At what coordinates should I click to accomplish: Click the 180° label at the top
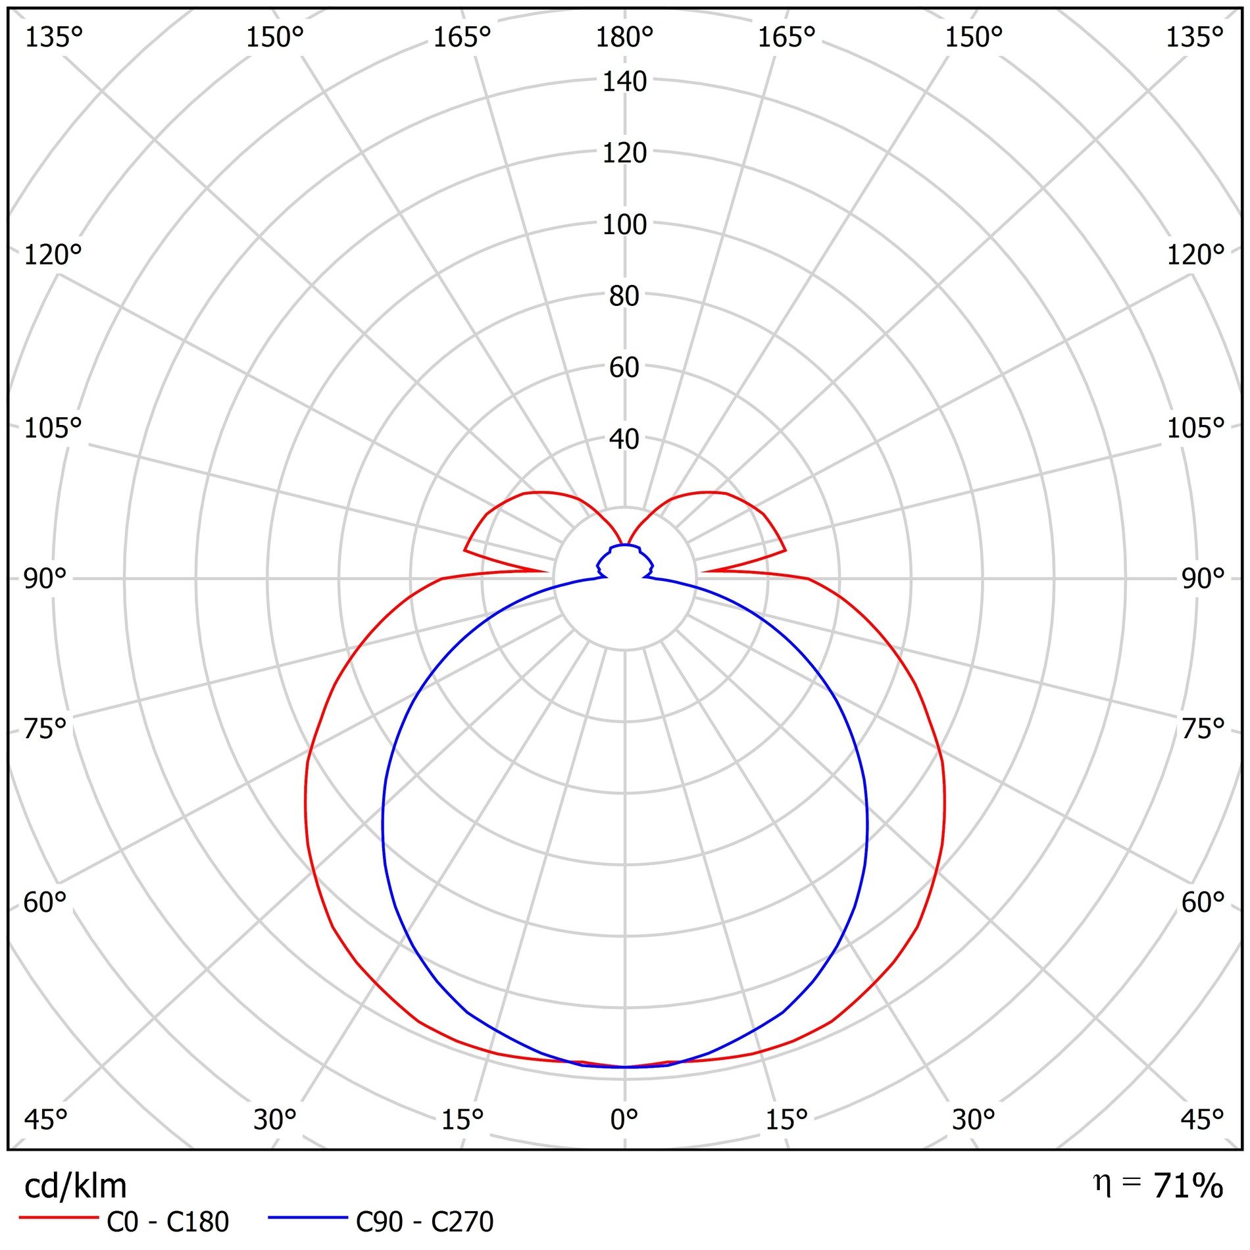point(624,37)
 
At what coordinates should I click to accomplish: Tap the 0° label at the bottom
point(624,1119)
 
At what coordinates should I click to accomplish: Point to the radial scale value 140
point(624,82)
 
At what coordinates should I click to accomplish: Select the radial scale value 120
point(624,153)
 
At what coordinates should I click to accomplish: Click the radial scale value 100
point(624,225)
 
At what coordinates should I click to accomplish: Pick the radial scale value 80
point(624,296)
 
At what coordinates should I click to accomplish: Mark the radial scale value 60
point(624,367)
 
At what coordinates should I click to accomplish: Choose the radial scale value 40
point(624,439)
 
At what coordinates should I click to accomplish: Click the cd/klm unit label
point(75,1186)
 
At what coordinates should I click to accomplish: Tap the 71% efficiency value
point(1188,1186)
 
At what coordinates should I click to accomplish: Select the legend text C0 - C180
point(168,1222)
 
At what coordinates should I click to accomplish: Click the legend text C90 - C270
point(424,1222)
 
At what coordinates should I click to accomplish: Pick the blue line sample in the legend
point(307,1218)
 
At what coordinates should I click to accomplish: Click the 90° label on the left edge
point(45,579)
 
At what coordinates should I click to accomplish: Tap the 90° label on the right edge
point(1203,579)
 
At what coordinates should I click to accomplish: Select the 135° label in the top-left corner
point(54,37)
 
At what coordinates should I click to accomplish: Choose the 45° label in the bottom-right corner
point(1202,1119)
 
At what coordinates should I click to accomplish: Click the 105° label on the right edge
point(1195,428)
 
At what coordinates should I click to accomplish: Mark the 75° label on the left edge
point(45,729)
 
